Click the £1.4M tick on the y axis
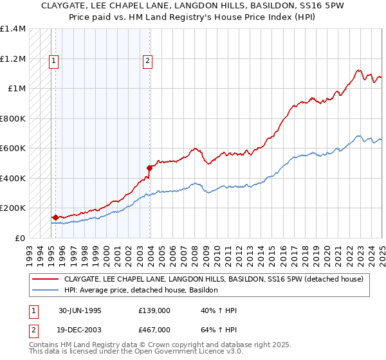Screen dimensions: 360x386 click(x=13, y=29)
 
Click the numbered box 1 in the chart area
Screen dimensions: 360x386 click(x=53, y=61)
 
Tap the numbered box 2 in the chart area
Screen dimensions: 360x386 click(x=147, y=61)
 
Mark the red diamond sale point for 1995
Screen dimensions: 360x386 click(x=55, y=217)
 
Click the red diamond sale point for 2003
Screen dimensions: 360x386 click(x=149, y=168)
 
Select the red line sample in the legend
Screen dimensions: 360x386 click(x=46, y=279)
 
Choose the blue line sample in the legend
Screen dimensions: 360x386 click(x=46, y=290)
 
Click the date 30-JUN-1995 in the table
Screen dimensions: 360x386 click(x=79, y=310)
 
